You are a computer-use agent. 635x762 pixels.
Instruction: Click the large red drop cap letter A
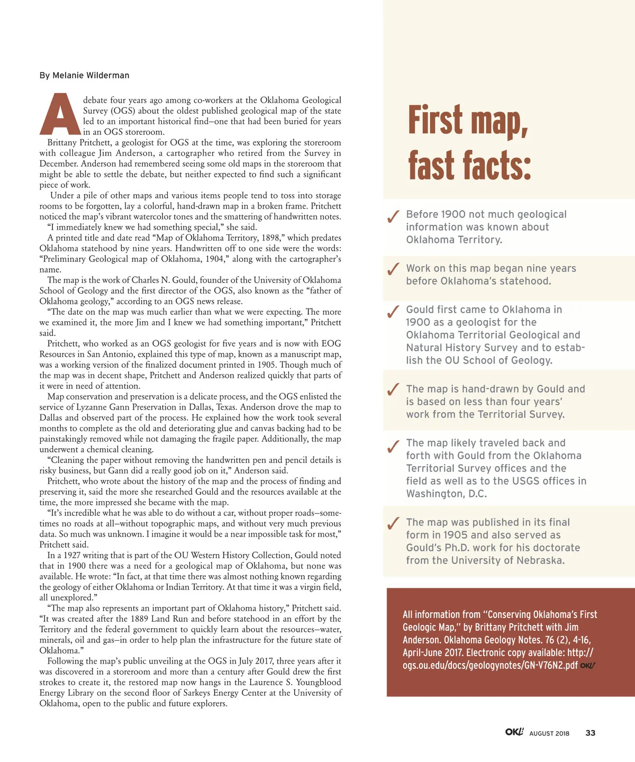click(x=60, y=114)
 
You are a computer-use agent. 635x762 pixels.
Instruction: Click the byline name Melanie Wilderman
click(x=90, y=75)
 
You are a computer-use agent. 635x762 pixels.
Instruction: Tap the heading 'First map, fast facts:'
click(x=469, y=143)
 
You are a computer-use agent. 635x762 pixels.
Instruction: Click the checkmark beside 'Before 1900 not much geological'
click(x=393, y=216)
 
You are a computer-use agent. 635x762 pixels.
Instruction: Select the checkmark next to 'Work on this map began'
click(x=393, y=269)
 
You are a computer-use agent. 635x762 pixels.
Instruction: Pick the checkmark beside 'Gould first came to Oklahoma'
click(x=393, y=312)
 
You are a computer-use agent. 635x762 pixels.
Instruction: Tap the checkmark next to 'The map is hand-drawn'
click(x=393, y=390)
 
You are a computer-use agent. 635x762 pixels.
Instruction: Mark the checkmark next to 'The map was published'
click(x=393, y=523)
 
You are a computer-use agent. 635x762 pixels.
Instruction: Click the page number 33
click(x=591, y=733)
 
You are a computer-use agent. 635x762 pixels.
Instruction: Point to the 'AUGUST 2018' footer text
click(x=549, y=733)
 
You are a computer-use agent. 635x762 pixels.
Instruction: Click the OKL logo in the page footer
click(x=514, y=732)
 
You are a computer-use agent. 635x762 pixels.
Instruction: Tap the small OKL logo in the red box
click(x=588, y=665)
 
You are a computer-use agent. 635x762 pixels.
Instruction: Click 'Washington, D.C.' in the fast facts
click(x=447, y=494)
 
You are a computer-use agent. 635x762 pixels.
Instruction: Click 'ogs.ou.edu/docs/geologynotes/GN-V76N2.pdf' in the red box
click(x=490, y=665)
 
